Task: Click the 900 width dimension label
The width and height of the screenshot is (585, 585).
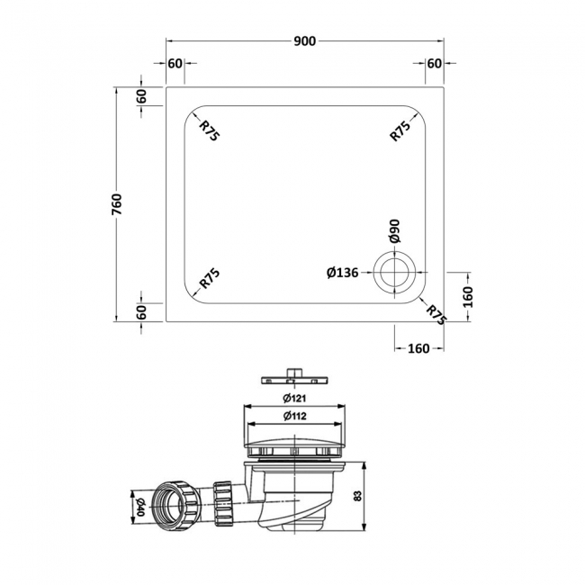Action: [x=306, y=40]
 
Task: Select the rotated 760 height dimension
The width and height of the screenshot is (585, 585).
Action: [x=116, y=204]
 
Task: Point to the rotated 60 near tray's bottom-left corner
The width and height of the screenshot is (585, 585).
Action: [x=142, y=311]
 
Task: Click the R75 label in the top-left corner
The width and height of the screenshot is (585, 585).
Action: [x=210, y=131]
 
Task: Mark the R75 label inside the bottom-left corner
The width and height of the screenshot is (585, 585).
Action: [x=210, y=279]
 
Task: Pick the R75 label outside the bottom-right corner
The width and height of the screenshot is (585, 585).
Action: [x=436, y=314]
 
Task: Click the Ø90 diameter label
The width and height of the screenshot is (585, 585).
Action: [x=394, y=231]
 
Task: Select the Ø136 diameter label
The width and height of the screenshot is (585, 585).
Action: [x=343, y=272]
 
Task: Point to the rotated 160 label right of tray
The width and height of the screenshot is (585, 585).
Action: [x=468, y=295]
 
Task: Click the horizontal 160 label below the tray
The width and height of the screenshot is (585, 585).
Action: [x=418, y=348]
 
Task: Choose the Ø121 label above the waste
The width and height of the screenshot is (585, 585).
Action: [x=294, y=398]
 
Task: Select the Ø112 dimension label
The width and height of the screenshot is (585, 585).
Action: [x=294, y=416]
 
